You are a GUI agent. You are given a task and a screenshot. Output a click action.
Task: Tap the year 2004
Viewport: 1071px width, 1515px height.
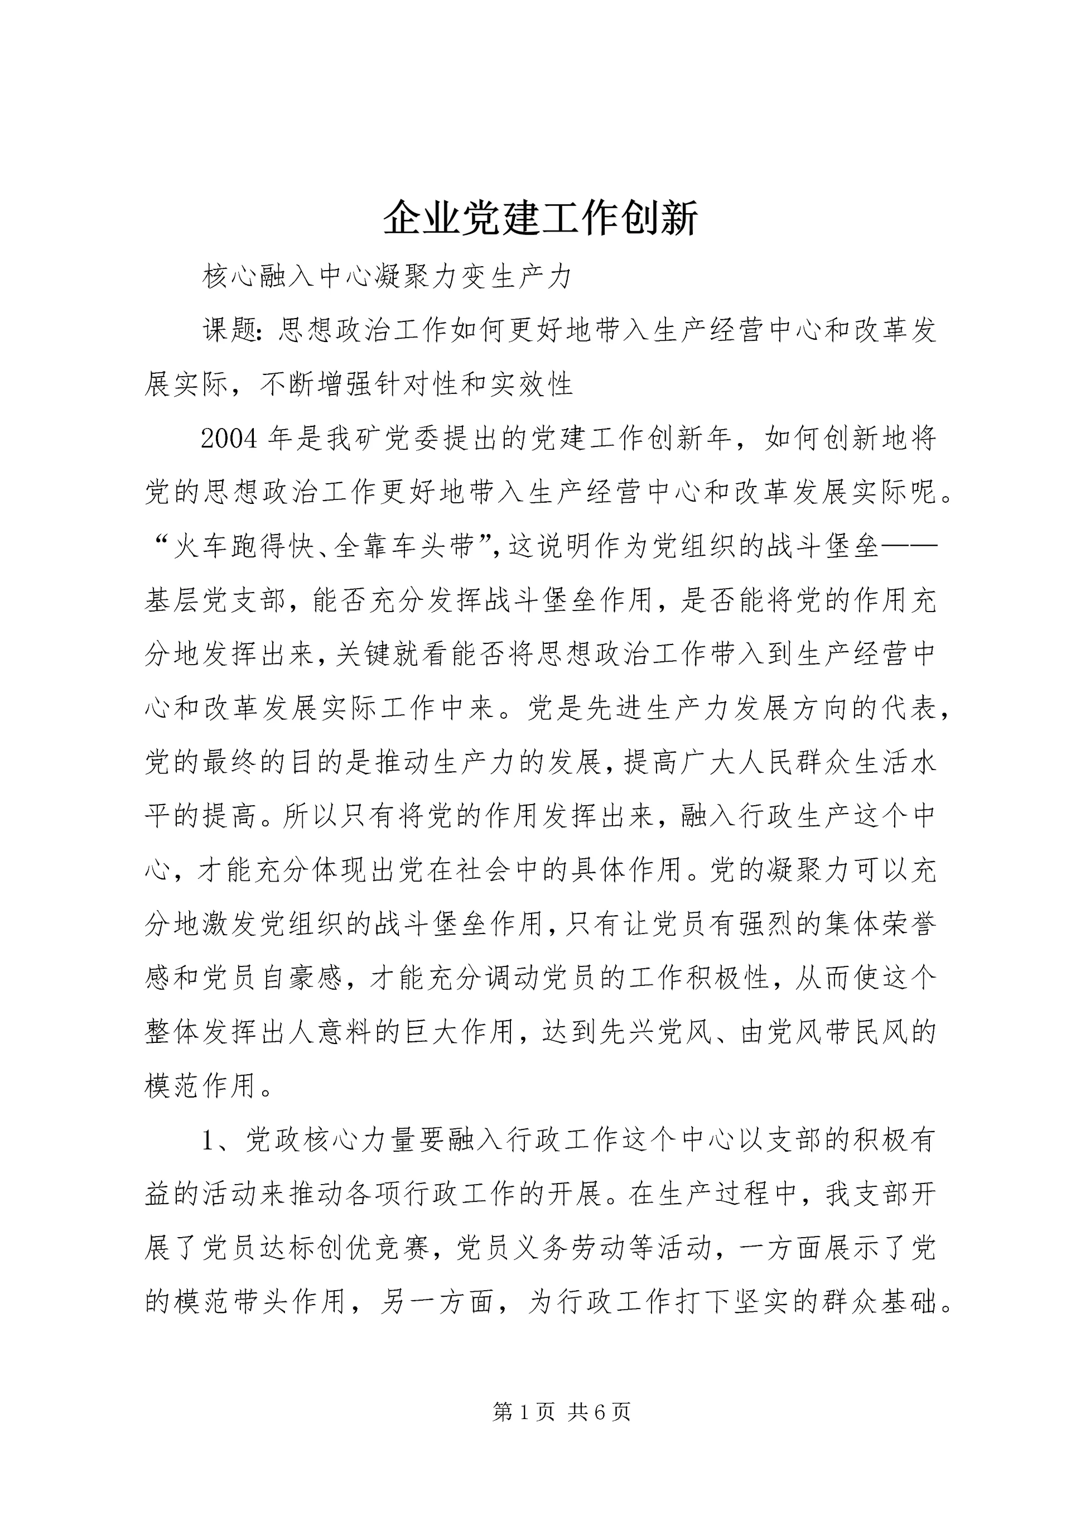[x=229, y=439]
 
